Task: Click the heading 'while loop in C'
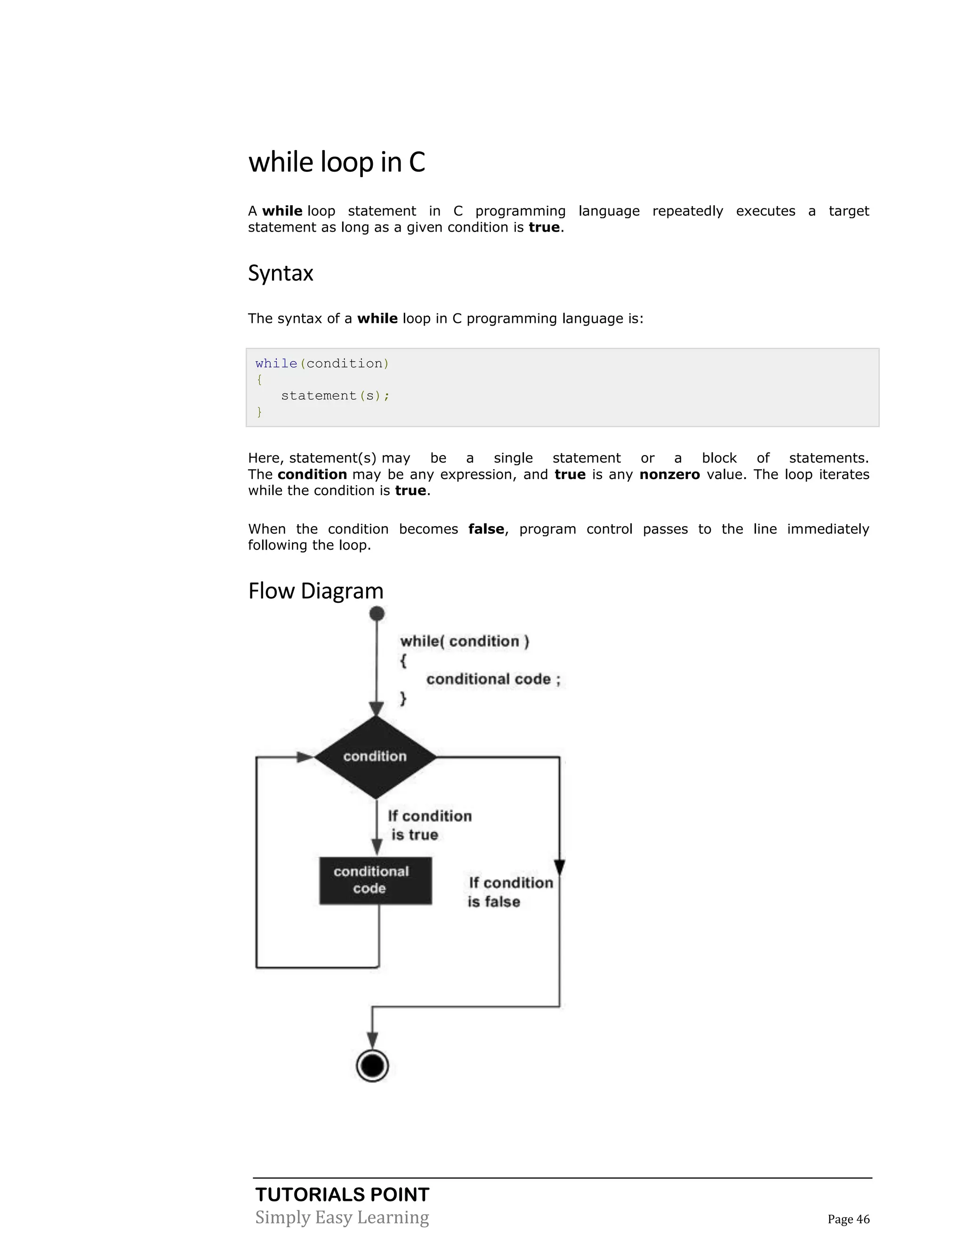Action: pos(337,162)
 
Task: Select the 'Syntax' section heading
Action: pos(281,273)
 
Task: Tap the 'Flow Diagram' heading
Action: pos(316,591)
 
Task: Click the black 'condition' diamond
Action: pos(375,757)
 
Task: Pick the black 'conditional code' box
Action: pos(375,880)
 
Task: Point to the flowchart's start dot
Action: pos(377,614)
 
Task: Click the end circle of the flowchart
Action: pos(372,1065)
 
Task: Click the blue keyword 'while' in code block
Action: pos(276,364)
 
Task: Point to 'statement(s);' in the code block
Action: pos(335,396)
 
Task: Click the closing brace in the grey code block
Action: pos(259,412)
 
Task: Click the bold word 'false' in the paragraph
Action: pos(486,529)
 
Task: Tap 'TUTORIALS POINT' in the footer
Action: pos(342,1194)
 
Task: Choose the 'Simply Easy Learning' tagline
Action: pos(342,1217)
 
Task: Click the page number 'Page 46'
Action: pos(849,1219)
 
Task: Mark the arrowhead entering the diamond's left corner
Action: pos(305,757)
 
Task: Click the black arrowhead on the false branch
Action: pos(560,867)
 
